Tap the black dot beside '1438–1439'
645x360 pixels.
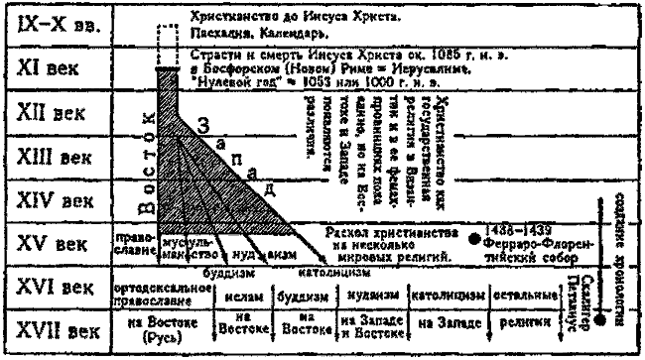pos(474,239)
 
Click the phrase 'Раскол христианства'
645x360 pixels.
pos(380,231)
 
